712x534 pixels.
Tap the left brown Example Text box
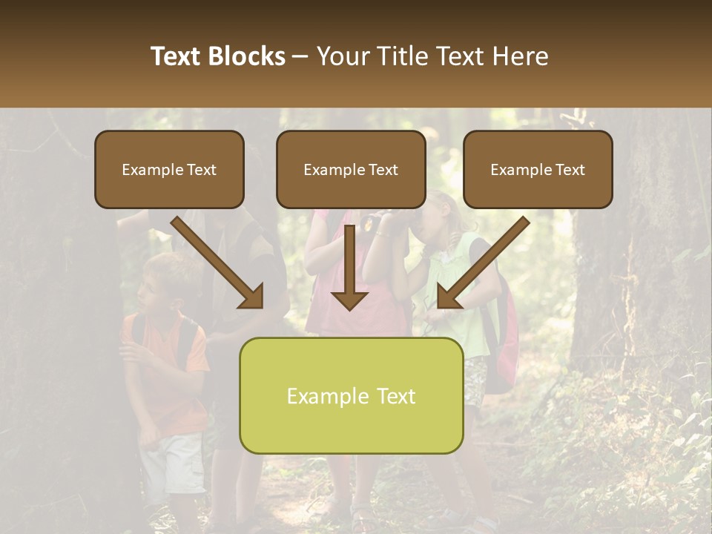pos(169,169)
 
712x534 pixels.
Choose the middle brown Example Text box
pos(351,169)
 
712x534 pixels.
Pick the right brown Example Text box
pos(538,169)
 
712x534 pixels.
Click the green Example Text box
pos(351,395)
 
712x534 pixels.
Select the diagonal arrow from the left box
pos(219,263)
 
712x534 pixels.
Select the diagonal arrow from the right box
pos(482,263)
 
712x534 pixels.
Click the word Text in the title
pos(176,56)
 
